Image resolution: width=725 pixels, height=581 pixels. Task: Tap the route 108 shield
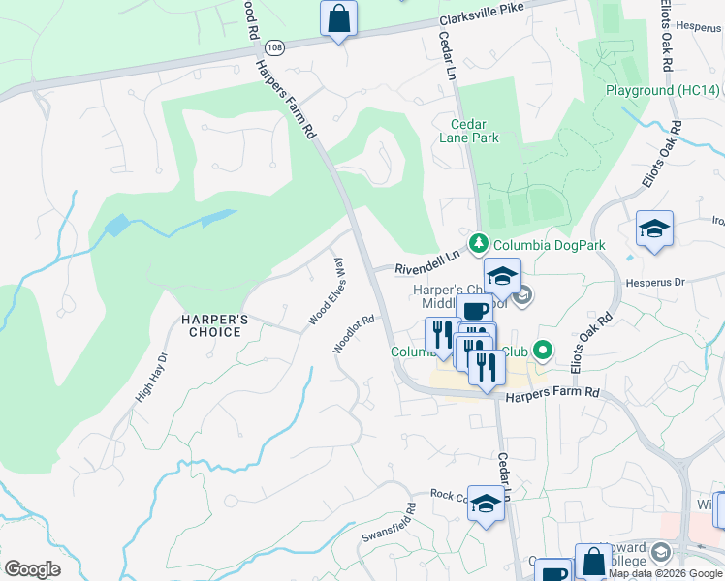(276, 46)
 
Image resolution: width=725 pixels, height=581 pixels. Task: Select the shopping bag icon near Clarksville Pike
(338, 18)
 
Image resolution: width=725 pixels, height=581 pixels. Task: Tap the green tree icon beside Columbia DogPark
(477, 243)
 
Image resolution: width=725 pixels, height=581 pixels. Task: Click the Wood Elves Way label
(326, 291)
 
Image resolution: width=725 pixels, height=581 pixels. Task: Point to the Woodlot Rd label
(353, 333)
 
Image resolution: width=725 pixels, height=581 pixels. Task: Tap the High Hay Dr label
(152, 376)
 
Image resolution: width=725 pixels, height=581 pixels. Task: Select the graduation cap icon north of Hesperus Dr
(654, 229)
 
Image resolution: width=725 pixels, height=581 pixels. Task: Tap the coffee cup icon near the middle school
(475, 311)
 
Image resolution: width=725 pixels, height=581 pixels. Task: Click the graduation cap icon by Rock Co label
(487, 503)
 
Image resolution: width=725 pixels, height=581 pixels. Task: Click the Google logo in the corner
(32, 569)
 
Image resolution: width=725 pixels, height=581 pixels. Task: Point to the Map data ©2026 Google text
(664, 573)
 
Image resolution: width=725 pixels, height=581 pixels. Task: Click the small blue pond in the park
(115, 226)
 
